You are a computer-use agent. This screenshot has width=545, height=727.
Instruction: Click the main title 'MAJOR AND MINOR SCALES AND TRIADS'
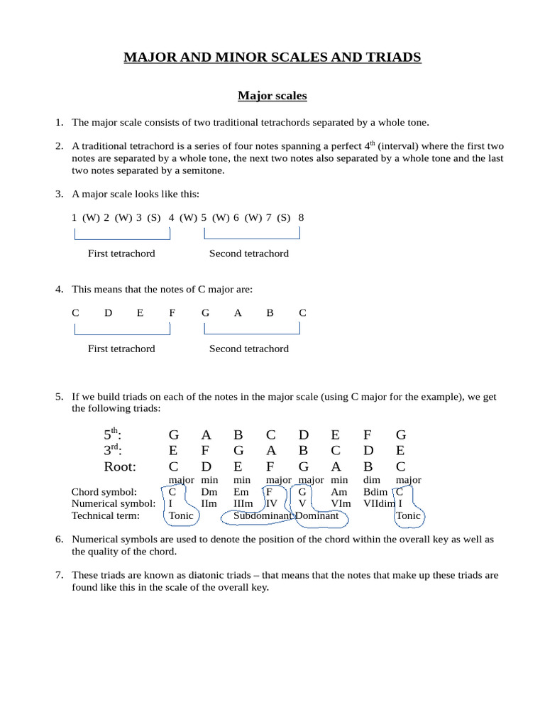272,58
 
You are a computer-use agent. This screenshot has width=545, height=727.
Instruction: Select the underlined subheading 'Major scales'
272,95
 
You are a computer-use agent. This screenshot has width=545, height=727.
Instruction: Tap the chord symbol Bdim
375,491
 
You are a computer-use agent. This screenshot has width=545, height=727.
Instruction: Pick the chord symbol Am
339,491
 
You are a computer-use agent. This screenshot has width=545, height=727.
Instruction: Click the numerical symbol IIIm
243,503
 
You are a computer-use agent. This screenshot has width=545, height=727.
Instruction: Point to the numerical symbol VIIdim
379,503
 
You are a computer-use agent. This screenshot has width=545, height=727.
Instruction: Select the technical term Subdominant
263,515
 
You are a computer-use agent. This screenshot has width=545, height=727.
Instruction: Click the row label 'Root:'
120,466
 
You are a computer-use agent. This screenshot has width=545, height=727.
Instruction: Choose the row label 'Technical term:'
106,515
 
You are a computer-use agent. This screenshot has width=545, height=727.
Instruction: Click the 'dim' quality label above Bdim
372,480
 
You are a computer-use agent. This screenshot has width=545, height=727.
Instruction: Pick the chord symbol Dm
209,491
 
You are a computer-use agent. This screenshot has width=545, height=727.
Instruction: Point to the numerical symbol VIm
341,503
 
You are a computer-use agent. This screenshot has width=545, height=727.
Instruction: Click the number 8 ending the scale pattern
301,217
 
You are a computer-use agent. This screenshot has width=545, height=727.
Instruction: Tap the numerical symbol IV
271,503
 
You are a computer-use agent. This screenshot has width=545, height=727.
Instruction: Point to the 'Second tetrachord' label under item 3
248,253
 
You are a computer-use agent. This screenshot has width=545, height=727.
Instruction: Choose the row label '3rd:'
114,450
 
